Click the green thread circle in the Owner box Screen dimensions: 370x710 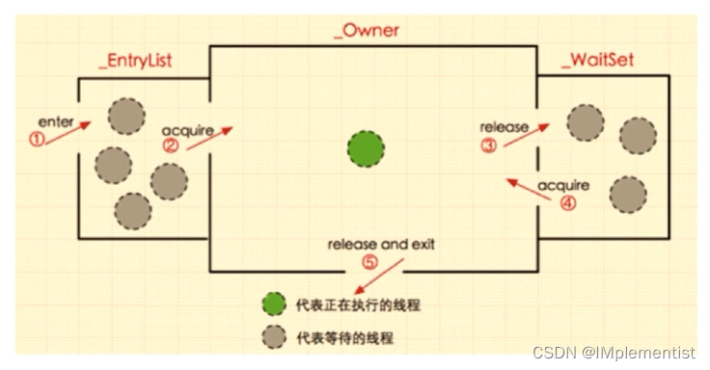(x=367, y=149)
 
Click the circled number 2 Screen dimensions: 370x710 (x=170, y=147)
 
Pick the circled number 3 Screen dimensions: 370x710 (x=488, y=146)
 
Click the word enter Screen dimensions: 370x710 (x=55, y=122)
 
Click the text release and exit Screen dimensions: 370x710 (x=381, y=244)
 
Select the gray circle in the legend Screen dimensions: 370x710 (x=274, y=337)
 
